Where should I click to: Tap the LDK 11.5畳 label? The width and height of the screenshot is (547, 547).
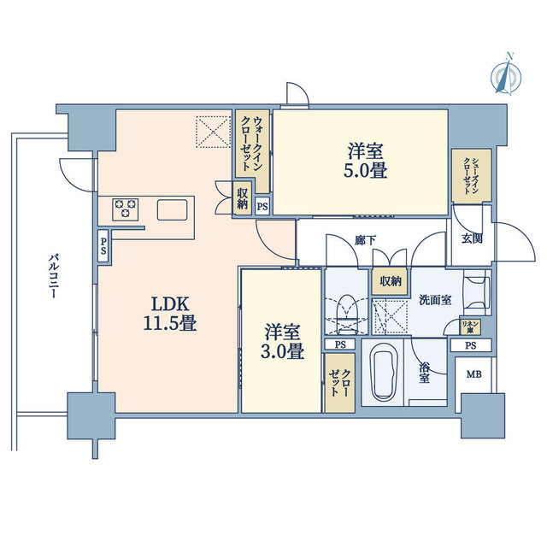tap(170, 314)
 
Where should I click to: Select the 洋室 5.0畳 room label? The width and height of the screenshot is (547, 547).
tap(365, 161)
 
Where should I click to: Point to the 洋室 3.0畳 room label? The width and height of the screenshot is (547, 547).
tap(282, 341)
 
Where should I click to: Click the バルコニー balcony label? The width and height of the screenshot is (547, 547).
tap(53, 276)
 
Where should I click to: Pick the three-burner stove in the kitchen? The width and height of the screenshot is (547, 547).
tap(126, 209)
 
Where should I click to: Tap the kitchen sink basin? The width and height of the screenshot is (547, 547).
tap(172, 209)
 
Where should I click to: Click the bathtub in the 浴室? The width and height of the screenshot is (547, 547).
tap(383, 372)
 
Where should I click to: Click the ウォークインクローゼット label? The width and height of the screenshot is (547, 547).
tap(252, 144)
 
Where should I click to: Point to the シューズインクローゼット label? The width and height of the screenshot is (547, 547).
tap(471, 175)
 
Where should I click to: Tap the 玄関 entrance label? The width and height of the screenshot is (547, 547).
tap(472, 238)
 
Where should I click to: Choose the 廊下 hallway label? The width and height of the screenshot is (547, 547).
tap(366, 240)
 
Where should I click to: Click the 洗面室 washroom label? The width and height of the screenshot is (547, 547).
tap(435, 300)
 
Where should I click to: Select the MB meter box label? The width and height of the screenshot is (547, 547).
tap(474, 374)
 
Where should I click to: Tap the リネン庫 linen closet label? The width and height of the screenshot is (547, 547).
tap(470, 327)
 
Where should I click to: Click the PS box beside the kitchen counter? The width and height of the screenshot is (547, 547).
tap(103, 246)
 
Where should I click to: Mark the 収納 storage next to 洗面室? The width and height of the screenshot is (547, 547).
tap(391, 281)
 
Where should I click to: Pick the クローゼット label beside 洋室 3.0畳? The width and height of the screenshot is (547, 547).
tap(339, 383)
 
